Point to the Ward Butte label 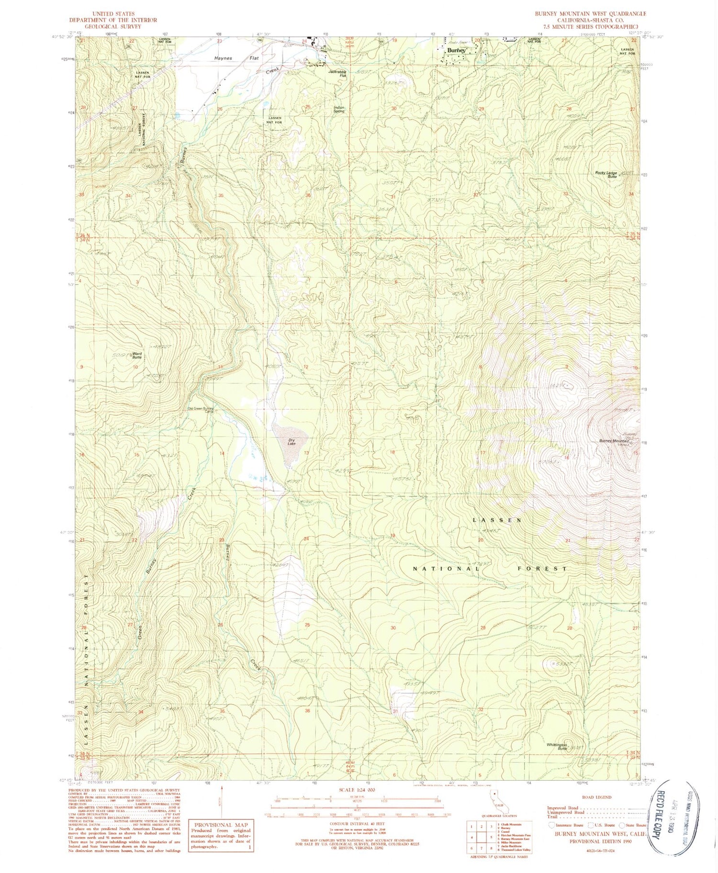tap(137, 356)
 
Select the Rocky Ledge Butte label tap(606, 175)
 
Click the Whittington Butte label tap(557, 746)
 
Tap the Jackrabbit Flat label tap(337, 74)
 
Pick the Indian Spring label tap(339, 109)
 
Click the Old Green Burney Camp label tap(201, 410)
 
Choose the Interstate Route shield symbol tap(551, 825)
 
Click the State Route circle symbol tap(622, 825)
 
